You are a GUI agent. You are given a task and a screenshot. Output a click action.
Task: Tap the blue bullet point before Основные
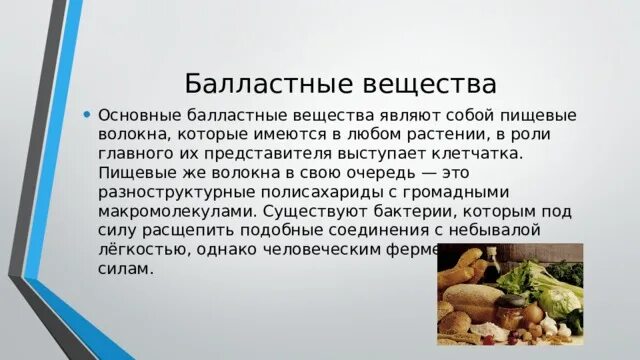tap(88, 113)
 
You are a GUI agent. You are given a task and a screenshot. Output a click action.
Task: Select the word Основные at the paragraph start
tap(136, 115)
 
